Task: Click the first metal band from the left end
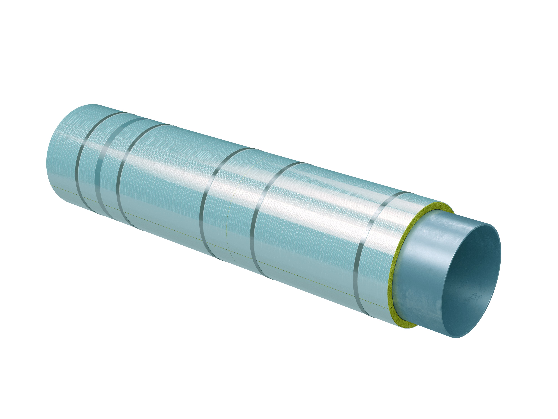pyautogui.click(x=80, y=162)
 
